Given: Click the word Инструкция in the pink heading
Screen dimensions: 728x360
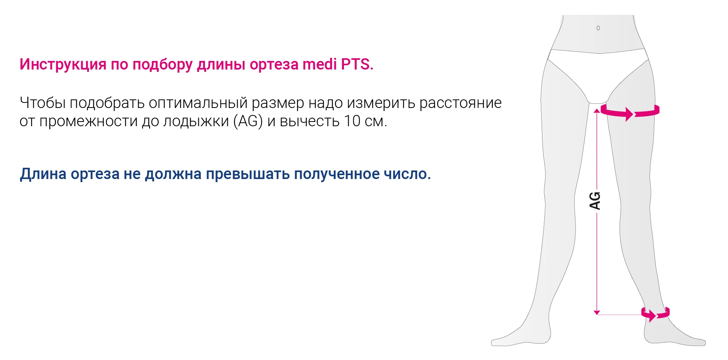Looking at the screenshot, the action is [x=63, y=64].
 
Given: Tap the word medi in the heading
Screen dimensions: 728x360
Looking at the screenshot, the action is [x=320, y=64].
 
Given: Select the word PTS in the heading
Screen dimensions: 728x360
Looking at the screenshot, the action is [x=355, y=64].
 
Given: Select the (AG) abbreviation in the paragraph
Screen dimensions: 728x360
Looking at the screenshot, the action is [x=248, y=121].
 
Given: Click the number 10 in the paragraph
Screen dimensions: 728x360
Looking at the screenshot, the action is [x=352, y=121].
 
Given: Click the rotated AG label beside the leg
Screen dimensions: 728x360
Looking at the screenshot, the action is [x=595, y=200].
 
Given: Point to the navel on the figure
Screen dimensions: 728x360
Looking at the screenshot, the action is [x=598, y=28].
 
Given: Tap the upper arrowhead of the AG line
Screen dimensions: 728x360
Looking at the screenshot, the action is [x=597, y=111].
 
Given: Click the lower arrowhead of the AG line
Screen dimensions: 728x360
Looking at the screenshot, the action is [x=597, y=312].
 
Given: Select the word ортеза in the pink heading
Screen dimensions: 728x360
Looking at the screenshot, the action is [x=274, y=64].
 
